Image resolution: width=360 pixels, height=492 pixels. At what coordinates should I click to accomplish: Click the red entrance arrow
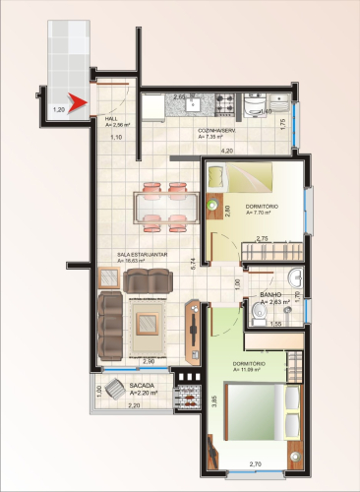tap(80, 96)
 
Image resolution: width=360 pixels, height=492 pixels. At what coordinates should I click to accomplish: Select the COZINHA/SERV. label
tap(216, 133)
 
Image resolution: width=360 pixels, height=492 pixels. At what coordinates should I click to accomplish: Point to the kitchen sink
tap(195, 100)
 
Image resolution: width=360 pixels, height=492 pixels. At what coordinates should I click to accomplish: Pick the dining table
tap(165, 206)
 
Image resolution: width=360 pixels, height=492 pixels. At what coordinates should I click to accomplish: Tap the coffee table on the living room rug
tap(148, 322)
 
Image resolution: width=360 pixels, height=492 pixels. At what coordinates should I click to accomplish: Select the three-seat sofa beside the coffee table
tap(111, 325)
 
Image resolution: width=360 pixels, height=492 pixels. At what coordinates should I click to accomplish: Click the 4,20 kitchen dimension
tap(226, 151)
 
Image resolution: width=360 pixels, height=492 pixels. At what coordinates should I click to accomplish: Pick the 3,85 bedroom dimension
tap(212, 401)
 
